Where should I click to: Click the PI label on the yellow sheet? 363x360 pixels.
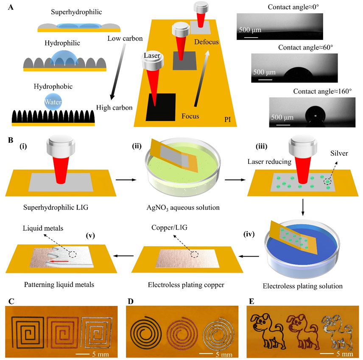coord(227,120)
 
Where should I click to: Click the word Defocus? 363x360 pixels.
coord(207,42)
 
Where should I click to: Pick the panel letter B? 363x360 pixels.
coord(10,139)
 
